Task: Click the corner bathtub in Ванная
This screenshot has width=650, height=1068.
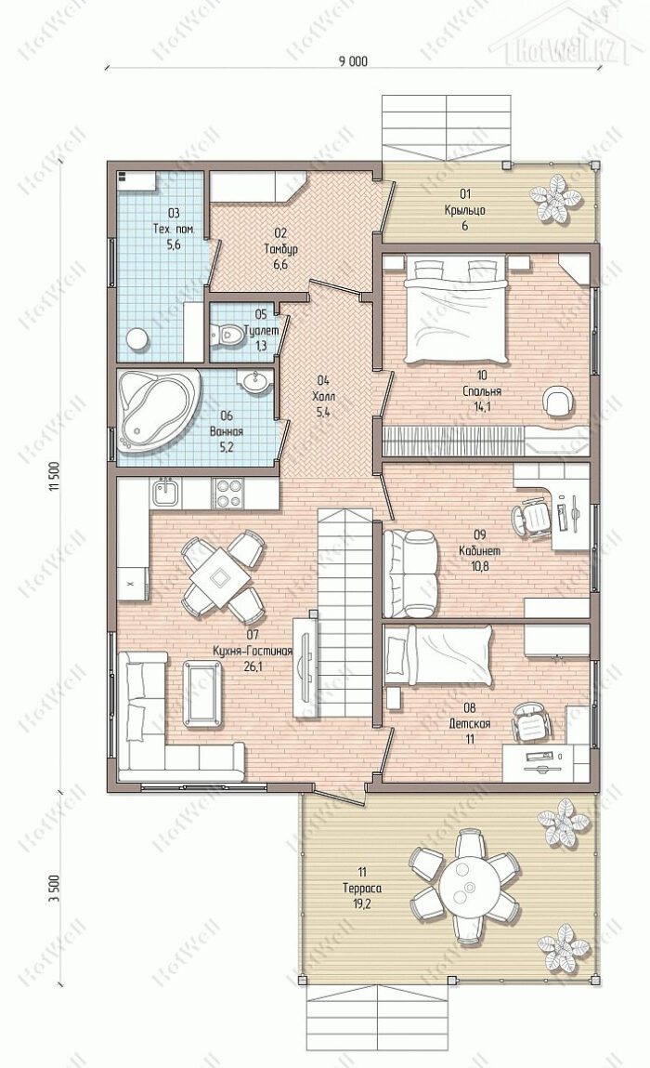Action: coord(159,410)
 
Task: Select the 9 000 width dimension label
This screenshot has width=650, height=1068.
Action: coord(353,61)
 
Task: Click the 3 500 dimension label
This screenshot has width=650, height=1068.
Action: coord(55,889)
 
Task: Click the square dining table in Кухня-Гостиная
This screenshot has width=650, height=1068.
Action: coord(220,578)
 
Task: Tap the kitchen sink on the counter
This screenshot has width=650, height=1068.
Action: coord(165,492)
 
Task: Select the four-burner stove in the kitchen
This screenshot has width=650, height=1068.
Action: coord(228,493)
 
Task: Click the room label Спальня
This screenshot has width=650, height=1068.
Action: coord(482,391)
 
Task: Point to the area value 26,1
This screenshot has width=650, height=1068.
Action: coord(253,666)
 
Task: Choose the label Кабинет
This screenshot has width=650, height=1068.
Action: coord(480,550)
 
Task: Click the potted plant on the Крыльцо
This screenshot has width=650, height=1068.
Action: coord(557,198)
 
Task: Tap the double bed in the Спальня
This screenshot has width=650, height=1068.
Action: coord(457,310)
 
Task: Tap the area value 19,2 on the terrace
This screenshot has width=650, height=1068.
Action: coord(361,904)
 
